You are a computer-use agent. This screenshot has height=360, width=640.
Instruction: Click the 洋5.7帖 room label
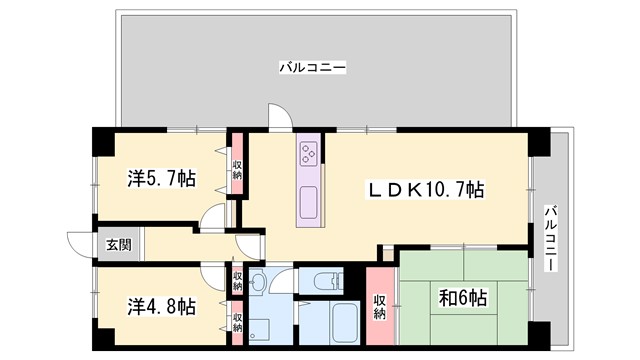161,179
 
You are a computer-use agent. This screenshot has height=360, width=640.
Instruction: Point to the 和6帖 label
462,298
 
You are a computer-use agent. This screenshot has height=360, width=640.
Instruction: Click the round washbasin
258,283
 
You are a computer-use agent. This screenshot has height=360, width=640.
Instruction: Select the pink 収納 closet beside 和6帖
380,304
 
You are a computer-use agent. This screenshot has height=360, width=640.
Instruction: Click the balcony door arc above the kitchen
283,118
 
